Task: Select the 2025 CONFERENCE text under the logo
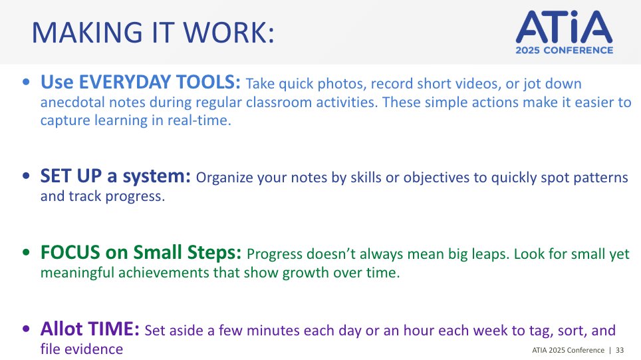click(x=563, y=51)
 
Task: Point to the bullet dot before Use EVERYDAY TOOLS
click(x=25, y=84)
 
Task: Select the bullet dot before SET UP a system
click(x=25, y=177)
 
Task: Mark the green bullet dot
click(x=25, y=254)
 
